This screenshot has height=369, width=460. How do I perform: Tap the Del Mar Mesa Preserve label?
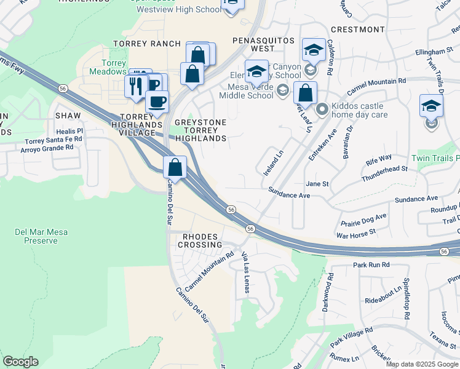(x=36, y=236)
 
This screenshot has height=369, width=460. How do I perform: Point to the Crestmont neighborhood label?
(x=357, y=29)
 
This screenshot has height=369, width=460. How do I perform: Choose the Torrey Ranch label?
(x=147, y=44)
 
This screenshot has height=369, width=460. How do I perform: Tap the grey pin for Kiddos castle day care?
(x=322, y=110)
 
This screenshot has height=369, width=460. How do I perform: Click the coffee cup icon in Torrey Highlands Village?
(x=157, y=101)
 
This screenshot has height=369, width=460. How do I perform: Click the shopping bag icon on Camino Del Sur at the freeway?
(x=175, y=167)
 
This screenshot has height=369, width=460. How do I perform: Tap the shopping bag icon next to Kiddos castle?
(x=305, y=93)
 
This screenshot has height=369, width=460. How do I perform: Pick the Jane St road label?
(x=317, y=184)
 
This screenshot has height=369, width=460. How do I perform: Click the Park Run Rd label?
(x=371, y=264)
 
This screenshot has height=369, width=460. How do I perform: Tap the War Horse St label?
(x=355, y=232)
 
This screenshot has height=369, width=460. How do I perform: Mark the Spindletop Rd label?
(x=406, y=302)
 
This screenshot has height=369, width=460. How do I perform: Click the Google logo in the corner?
(x=20, y=362)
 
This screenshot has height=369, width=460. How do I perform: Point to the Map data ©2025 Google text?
(x=422, y=364)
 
